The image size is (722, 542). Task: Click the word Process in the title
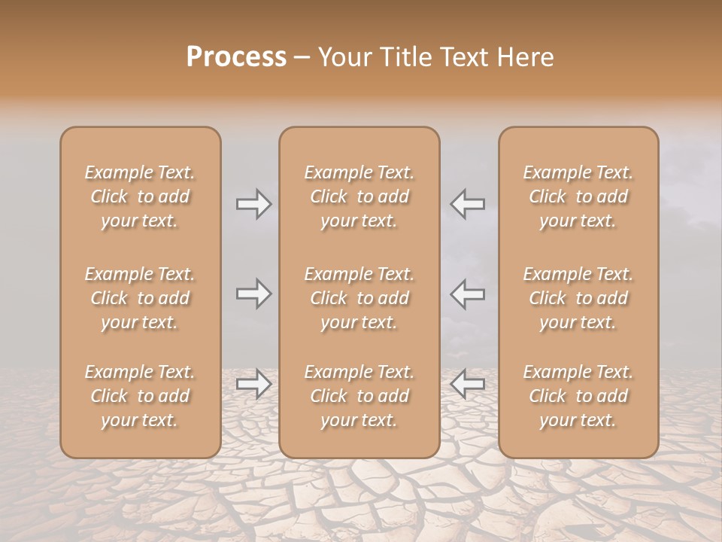pyautogui.click(x=236, y=57)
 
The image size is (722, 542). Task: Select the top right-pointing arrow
pyautogui.click(x=254, y=203)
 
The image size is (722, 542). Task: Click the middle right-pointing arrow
pyautogui.click(x=254, y=294)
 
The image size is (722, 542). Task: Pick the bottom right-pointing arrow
pyautogui.click(x=254, y=384)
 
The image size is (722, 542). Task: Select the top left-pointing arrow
pyautogui.click(x=467, y=203)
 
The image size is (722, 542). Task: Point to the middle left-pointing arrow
pyautogui.click(x=467, y=294)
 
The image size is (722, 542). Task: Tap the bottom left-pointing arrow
pyautogui.click(x=467, y=384)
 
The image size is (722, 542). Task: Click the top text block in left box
pyautogui.click(x=140, y=196)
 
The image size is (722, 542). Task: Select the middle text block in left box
pyautogui.click(x=140, y=298)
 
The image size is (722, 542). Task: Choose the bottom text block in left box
pyautogui.click(x=140, y=396)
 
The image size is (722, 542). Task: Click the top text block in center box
pyautogui.click(x=359, y=196)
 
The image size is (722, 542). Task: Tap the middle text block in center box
pyautogui.click(x=359, y=298)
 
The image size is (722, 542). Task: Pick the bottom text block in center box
pyautogui.click(x=359, y=396)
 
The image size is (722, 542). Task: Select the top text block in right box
pyautogui.click(x=578, y=196)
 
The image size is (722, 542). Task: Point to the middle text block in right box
pyautogui.click(x=578, y=298)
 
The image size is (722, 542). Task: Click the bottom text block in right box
pyautogui.click(x=578, y=396)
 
